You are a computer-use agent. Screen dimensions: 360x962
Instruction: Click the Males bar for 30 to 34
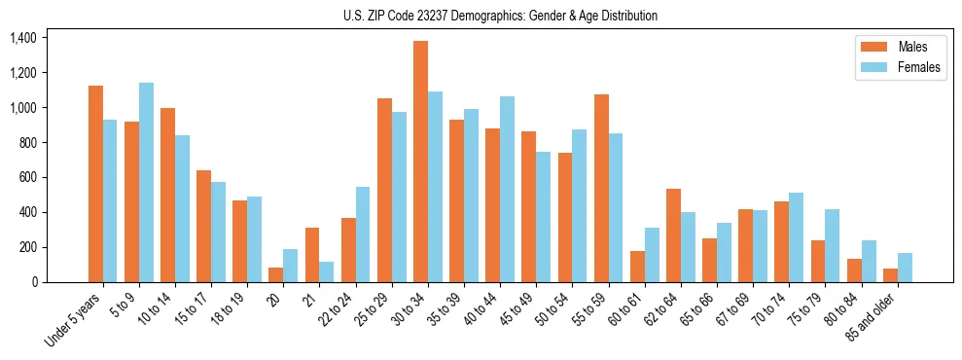point(421,162)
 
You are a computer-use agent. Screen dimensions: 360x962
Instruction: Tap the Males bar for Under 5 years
point(95,184)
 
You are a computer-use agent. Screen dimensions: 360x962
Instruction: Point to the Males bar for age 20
point(276,274)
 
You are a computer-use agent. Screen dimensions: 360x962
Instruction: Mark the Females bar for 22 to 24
point(363,234)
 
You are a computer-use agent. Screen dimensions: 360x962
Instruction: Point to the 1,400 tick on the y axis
point(22,38)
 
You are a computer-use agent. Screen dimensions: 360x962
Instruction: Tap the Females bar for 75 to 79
point(833,245)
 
